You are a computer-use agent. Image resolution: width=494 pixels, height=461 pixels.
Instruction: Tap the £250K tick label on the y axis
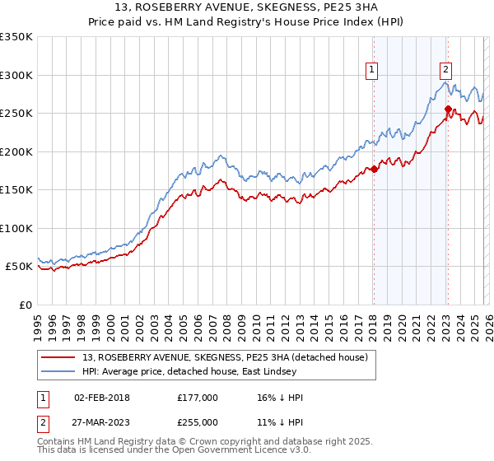tap(16, 113)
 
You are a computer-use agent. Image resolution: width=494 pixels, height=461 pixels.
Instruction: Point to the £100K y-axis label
tap(16, 228)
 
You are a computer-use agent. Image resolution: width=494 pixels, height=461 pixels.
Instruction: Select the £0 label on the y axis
tap(26, 305)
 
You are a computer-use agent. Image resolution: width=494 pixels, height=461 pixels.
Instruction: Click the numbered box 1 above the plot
tap(372, 71)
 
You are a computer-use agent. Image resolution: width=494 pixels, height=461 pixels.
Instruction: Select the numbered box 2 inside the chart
tap(445, 71)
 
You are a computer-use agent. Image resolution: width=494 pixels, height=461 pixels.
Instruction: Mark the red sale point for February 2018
tap(373, 169)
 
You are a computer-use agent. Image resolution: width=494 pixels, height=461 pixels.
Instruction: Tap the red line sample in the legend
tap(59, 356)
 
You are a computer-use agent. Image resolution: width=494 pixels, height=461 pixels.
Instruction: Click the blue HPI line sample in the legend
tap(59, 371)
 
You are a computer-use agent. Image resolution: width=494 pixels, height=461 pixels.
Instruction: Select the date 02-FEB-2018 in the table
tap(102, 398)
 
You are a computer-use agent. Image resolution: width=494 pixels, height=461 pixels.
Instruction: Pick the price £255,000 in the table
tap(197, 421)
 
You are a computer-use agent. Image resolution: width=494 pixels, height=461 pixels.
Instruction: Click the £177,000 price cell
tap(197, 398)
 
